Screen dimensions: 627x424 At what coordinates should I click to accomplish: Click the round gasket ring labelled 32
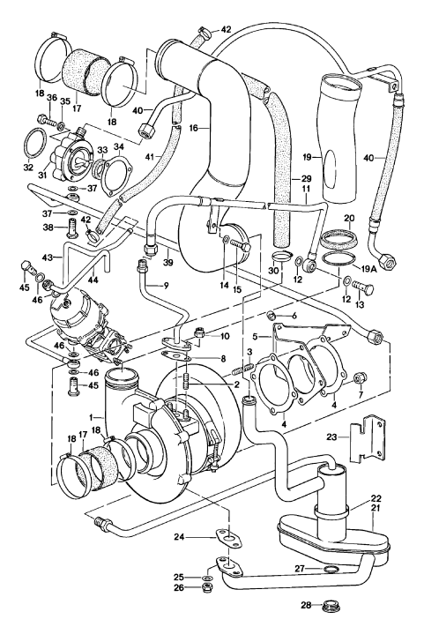(35, 141)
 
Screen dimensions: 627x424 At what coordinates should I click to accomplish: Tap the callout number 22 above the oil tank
(376, 498)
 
